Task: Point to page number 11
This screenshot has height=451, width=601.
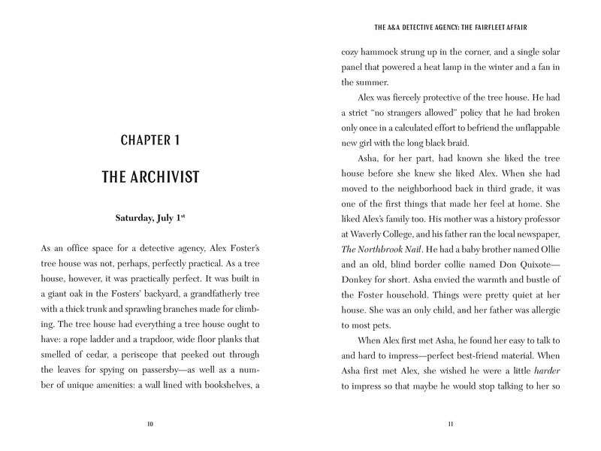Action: [451, 425]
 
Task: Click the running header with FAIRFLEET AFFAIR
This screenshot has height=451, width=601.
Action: [451, 29]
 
